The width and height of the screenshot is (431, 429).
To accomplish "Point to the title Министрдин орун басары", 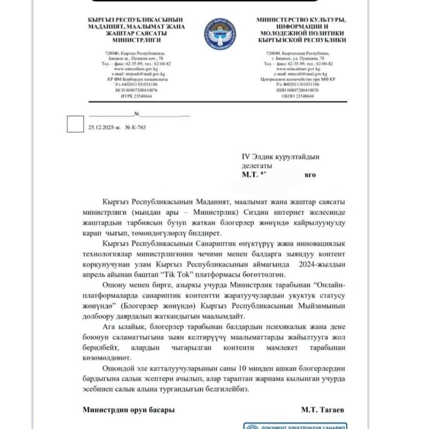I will tap(128, 409).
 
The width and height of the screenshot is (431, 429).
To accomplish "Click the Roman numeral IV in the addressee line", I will tap(246, 157).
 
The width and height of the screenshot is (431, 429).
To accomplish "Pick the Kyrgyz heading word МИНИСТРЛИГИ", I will tap(136, 40).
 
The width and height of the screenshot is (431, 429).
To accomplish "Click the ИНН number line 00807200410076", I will tap(298, 90).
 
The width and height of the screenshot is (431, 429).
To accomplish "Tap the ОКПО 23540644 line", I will tap(298, 96).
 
